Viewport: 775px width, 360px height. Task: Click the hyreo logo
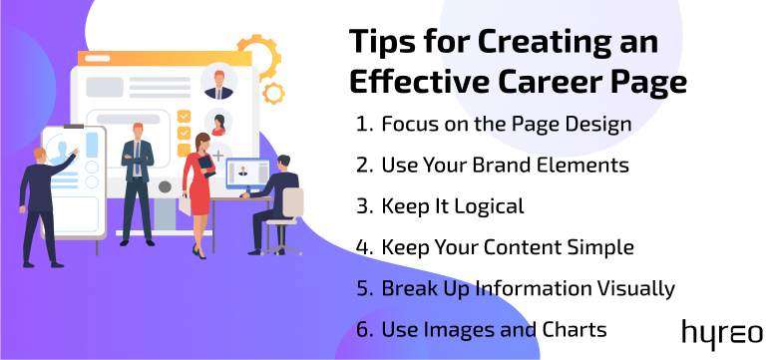pyautogui.click(x=722, y=332)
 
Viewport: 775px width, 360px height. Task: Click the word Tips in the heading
pyautogui.click(x=383, y=43)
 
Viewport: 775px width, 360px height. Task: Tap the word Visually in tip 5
pyautogui.click(x=630, y=288)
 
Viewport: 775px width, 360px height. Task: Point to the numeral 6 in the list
pyautogui.click(x=360, y=328)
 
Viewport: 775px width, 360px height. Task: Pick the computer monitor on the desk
pyautogui.click(x=242, y=178)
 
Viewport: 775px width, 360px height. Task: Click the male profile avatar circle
pyautogui.click(x=217, y=84)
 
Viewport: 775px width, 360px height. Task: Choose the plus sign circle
pyautogui.click(x=218, y=156)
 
